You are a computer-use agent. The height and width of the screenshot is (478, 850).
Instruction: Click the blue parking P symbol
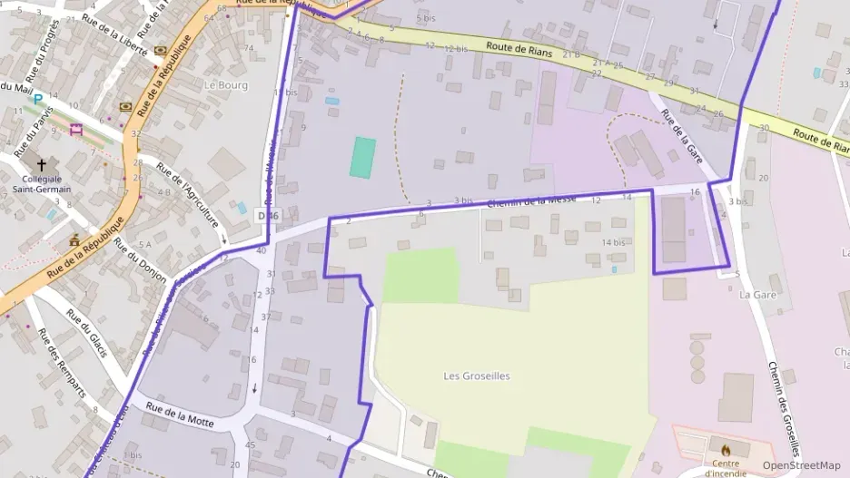(x=38, y=98)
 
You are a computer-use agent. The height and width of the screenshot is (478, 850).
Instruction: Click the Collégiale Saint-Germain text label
(x=42, y=184)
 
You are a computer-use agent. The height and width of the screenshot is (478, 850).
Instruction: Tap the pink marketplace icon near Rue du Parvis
(x=75, y=130)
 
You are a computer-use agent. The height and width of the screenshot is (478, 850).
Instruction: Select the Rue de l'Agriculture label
(x=188, y=195)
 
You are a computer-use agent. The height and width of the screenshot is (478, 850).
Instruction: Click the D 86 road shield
(x=267, y=216)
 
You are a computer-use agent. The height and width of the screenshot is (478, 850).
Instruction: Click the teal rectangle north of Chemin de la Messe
(x=363, y=157)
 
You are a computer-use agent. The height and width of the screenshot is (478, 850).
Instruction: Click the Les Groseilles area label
(x=477, y=376)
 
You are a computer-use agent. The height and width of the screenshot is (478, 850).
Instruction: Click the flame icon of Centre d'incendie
(x=725, y=447)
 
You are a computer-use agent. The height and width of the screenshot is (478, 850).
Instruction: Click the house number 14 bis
(x=613, y=242)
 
